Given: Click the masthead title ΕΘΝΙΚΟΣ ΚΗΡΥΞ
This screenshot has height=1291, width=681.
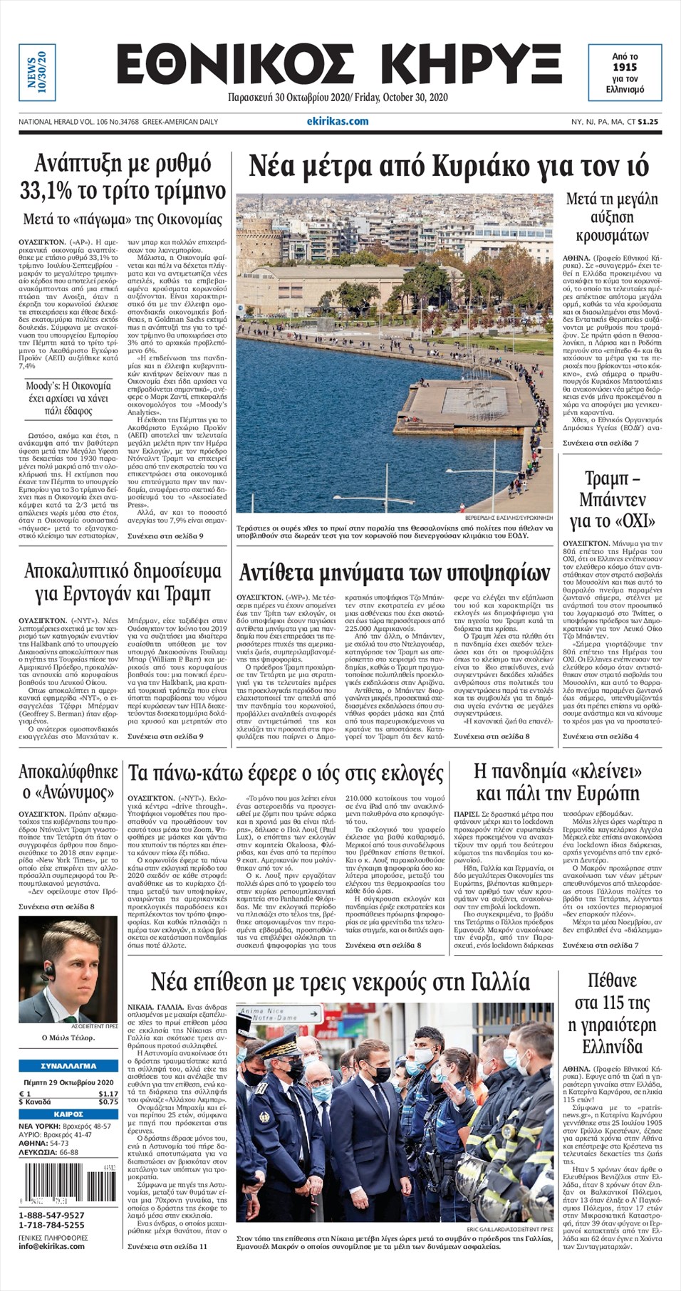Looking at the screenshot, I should point(338,66).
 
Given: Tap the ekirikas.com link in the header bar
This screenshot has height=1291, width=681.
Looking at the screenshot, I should point(338,122).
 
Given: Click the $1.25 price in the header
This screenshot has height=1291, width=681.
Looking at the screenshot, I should point(648,122).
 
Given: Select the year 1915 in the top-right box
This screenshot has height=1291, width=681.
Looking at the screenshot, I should point(624,68).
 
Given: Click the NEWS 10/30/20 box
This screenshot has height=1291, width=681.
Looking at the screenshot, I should point(36,72).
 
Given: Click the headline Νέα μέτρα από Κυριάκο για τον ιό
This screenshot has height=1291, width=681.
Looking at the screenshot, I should point(449,166).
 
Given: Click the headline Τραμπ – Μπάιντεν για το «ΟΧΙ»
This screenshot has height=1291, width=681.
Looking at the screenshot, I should point(612,499).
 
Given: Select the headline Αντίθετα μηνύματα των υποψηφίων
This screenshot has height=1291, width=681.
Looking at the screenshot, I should point(394,573).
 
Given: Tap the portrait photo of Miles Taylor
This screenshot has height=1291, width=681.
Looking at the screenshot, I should point(68,968).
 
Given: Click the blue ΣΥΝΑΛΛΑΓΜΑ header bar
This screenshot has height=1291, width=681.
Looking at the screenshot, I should point(68,1066).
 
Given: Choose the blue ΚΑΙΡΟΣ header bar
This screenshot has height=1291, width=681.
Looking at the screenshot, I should point(68,1114).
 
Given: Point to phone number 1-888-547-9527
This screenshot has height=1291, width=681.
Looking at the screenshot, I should point(51,1216).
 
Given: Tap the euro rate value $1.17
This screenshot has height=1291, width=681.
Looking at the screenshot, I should point(108,1094).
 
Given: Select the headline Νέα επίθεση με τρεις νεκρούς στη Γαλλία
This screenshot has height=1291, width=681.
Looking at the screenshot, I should point(340,983).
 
